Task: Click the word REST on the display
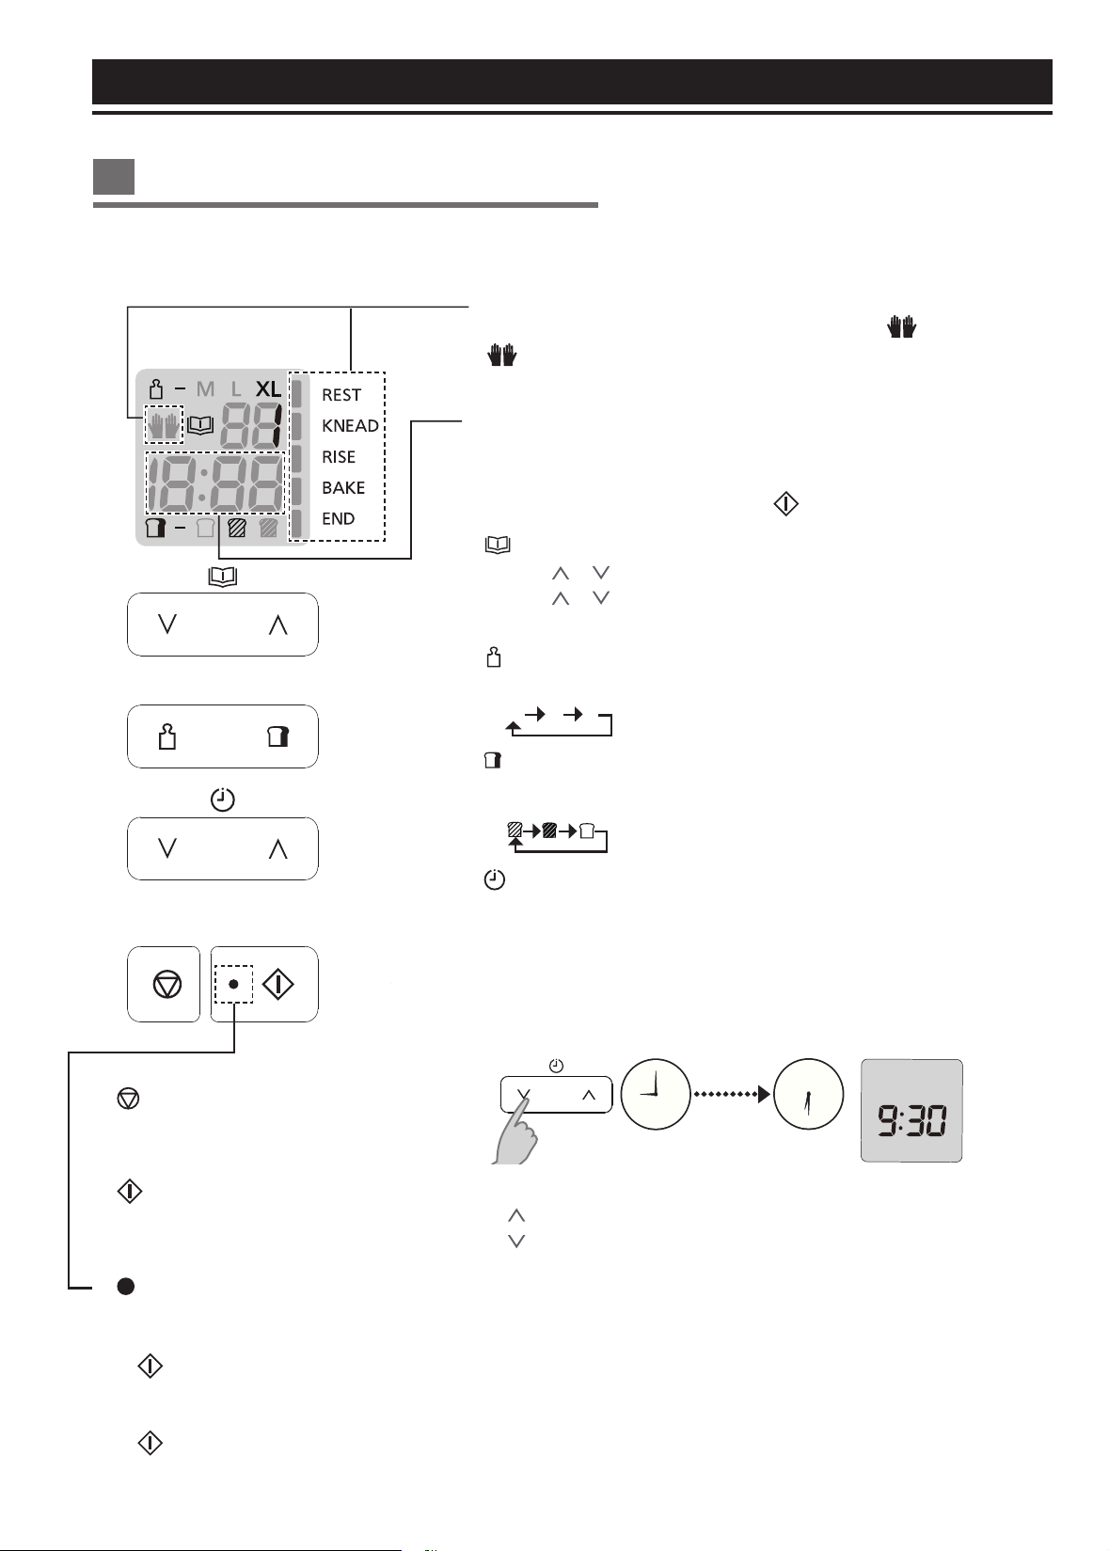(x=341, y=395)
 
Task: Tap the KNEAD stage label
(x=350, y=426)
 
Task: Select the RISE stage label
(x=339, y=457)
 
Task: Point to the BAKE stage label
(x=343, y=488)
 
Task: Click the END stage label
(x=339, y=518)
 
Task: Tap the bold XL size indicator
(x=269, y=389)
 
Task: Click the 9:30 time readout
(x=911, y=1119)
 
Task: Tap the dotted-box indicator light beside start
(x=233, y=984)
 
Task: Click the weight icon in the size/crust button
(x=166, y=736)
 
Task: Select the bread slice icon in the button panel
(x=278, y=736)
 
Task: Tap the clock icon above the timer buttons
(x=222, y=799)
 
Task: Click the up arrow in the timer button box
(x=277, y=849)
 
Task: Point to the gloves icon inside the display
(x=164, y=424)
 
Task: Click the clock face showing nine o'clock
(x=656, y=1094)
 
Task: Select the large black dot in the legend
(x=125, y=1286)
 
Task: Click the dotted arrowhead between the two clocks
(x=764, y=1094)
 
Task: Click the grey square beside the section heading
(x=114, y=177)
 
